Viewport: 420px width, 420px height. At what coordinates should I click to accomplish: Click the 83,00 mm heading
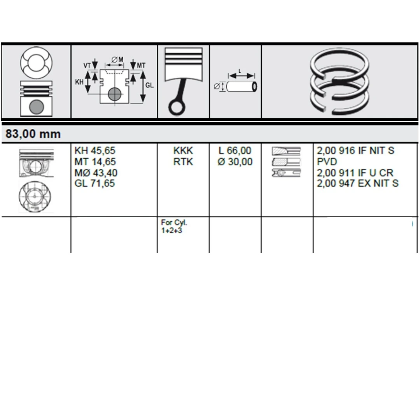tap(33, 134)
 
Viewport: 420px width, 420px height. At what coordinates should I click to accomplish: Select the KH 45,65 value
tap(95, 150)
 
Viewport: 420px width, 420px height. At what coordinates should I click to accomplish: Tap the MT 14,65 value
tap(95, 162)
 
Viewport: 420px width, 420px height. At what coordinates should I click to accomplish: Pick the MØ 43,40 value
tap(96, 173)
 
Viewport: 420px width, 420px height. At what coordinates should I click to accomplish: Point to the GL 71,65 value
tap(94, 184)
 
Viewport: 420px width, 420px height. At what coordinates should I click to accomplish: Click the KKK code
tap(183, 150)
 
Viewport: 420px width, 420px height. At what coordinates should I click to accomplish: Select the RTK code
tap(183, 162)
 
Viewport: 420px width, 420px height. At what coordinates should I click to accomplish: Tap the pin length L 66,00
tap(235, 150)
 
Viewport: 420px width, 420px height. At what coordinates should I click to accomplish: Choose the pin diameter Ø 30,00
tap(235, 162)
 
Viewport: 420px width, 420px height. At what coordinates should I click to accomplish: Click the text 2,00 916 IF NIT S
tap(355, 150)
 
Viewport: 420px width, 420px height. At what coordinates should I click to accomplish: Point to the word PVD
tap(327, 162)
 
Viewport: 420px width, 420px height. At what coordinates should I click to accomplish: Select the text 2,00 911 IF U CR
tap(355, 173)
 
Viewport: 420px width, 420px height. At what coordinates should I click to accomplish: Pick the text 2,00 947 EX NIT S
tap(358, 184)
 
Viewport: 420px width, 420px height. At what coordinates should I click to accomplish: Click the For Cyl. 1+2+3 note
tap(174, 227)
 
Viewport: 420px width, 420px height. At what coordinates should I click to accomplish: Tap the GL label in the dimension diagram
tap(149, 85)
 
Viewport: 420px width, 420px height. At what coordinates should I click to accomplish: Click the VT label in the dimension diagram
tap(87, 65)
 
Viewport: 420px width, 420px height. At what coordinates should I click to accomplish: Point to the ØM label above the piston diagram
tap(117, 59)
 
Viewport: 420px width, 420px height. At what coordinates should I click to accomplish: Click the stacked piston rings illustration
tap(339, 81)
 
